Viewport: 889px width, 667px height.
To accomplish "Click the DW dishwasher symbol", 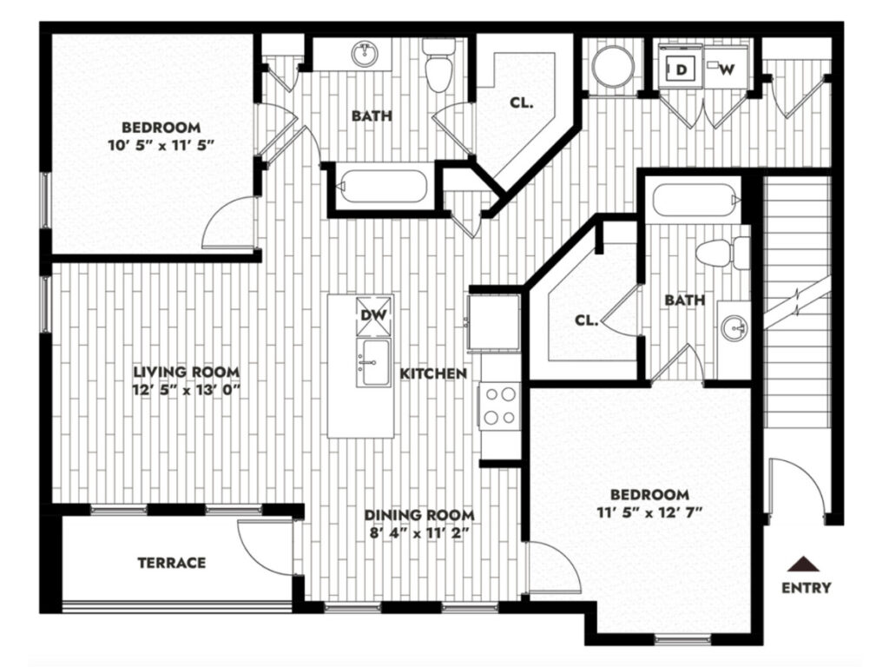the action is tap(374, 315).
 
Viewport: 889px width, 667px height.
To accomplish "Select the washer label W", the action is tap(728, 69).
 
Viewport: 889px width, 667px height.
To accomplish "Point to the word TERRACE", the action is tap(171, 563).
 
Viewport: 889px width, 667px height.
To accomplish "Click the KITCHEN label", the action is tap(433, 373).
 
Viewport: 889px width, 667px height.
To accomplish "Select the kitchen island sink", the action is tap(373, 364).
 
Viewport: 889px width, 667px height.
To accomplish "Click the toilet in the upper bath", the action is tap(439, 65).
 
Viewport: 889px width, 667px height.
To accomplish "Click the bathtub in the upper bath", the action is tap(382, 186).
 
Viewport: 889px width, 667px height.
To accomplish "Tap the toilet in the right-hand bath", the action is tap(723, 253).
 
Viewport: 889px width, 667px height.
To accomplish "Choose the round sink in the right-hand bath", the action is tap(734, 328).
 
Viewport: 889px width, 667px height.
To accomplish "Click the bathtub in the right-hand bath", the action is tap(696, 200).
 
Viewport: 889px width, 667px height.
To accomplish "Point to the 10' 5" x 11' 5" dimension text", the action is tap(161, 146).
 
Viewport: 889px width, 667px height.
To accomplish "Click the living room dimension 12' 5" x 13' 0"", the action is tap(186, 390).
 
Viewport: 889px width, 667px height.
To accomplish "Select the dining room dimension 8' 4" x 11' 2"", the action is tap(418, 533).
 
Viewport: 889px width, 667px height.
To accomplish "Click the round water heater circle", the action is tap(614, 66).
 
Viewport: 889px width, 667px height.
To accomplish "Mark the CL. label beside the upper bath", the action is tap(522, 102).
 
